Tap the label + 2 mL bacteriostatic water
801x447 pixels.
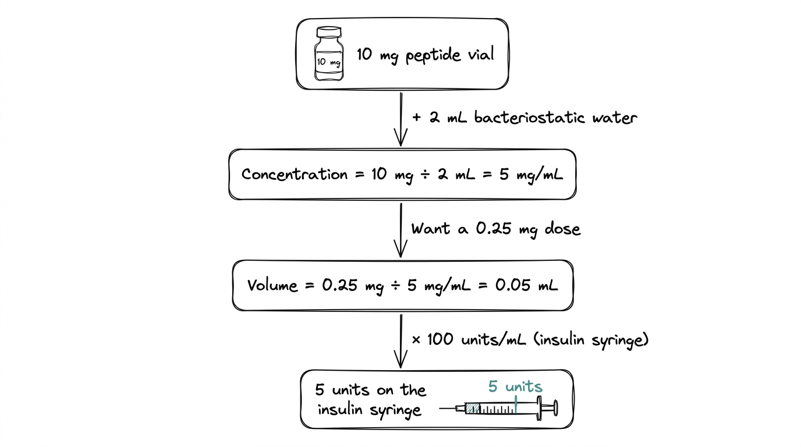[524, 118]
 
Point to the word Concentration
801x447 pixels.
[294, 174]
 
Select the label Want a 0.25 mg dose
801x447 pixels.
[496, 229]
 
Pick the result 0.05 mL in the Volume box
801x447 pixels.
[526, 285]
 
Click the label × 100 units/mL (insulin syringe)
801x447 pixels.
[530, 339]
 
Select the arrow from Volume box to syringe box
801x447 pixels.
[400, 340]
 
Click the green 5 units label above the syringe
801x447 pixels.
[515, 386]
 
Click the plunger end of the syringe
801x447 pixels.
[554, 408]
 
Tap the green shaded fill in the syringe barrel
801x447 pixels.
[473, 409]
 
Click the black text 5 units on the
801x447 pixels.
[371, 389]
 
